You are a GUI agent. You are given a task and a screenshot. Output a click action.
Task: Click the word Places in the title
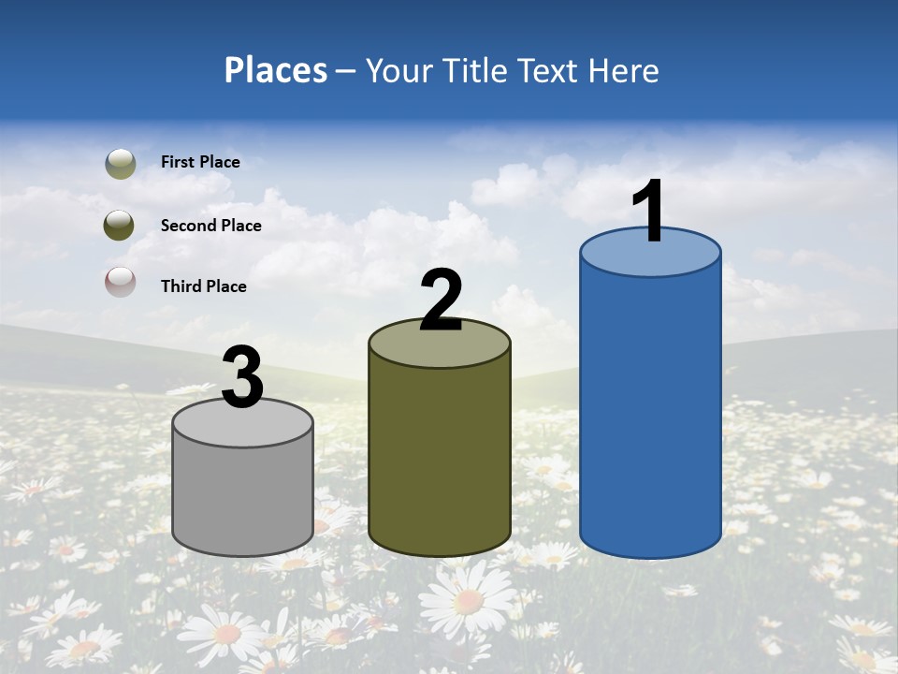pos(275,70)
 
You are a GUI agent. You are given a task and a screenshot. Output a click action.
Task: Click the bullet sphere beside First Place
pos(120,163)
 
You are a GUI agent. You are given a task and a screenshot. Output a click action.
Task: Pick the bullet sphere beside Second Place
pos(120,226)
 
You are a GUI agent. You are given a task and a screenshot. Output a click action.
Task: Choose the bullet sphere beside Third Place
pos(120,282)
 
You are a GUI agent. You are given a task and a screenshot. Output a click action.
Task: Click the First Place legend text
pos(200,162)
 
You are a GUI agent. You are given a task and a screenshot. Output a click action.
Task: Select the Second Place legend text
pos(210,226)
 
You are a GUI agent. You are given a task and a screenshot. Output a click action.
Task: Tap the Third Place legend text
pos(203,286)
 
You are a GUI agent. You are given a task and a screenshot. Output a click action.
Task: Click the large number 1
pos(649,212)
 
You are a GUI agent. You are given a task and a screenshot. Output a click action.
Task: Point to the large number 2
pos(441,300)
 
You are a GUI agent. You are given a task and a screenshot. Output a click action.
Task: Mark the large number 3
pos(243,377)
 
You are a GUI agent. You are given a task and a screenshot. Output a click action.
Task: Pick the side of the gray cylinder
pos(243,496)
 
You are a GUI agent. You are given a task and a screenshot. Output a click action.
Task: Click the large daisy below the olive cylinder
pos(467,598)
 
